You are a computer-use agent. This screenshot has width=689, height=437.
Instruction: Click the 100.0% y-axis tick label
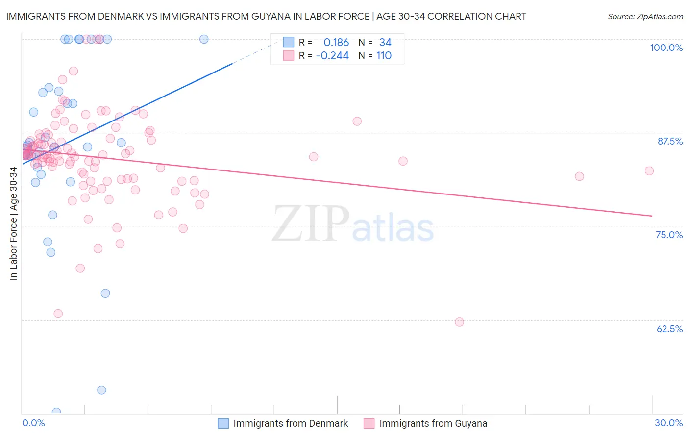(666, 48)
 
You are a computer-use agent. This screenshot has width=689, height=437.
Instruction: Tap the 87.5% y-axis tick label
(670, 141)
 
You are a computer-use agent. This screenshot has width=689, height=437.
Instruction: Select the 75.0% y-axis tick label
(669, 235)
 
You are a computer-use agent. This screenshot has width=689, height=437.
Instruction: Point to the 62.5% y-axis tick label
(669, 329)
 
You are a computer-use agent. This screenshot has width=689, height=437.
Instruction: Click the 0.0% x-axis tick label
(33, 423)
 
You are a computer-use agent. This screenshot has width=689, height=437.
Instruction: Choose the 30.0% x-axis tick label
(668, 423)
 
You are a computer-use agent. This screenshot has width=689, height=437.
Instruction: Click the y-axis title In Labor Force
(13, 223)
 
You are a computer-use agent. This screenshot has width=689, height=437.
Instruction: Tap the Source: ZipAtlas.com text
(645, 16)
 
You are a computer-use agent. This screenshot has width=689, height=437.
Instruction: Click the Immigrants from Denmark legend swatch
(223, 423)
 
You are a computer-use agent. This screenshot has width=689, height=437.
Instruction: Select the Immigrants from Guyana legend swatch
(369, 423)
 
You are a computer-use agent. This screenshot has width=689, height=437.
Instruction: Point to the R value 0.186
(336, 43)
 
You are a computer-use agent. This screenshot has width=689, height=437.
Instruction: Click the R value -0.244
(332, 56)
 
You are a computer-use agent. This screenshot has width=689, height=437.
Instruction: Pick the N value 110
(384, 56)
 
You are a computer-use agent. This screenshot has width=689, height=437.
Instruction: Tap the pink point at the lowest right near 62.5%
(459, 322)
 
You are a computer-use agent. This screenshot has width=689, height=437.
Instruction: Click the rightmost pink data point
(649, 171)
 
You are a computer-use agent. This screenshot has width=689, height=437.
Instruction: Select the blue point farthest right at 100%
(204, 39)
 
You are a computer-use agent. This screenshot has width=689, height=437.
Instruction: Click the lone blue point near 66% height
(105, 293)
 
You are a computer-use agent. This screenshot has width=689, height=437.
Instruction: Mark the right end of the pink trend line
(652, 216)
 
